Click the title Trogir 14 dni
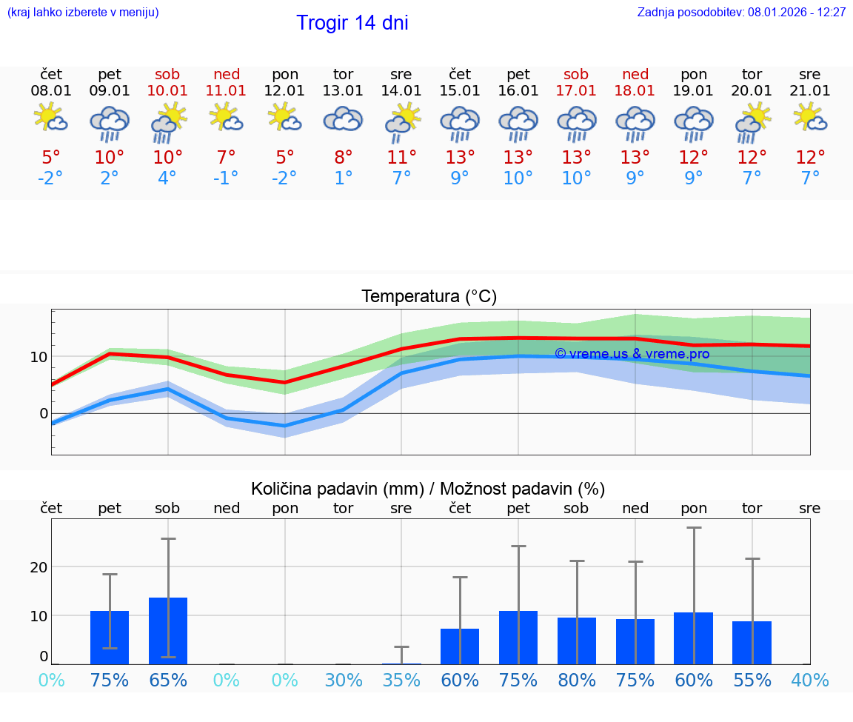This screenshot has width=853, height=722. click(x=352, y=23)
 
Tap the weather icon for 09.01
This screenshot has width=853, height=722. click(x=110, y=123)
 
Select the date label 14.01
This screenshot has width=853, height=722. click(x=401, y=91)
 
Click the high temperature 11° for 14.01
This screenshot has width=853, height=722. click(x=401, y=157)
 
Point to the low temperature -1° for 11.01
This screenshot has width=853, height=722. click(x=226, y=178)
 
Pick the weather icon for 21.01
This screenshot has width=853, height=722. click(x=810, y=118)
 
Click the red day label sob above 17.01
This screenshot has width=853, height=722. click(x=576, y=74)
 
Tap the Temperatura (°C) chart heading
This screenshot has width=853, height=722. click(x=429, y=297)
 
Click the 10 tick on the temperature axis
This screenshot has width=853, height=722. click(x=39, y=357)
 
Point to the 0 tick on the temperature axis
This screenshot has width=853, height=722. click(x=43, y=413)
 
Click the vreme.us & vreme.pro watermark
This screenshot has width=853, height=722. click(x=632, y=354)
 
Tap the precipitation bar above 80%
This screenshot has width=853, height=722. click(x=577, y=641)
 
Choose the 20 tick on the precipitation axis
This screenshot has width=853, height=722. click(x=39, y=567)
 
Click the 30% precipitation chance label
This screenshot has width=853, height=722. click(x=343, y=681)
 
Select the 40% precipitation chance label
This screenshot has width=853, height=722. click(x=810, y=681)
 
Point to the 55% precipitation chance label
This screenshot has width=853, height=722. click(x=752, y=681)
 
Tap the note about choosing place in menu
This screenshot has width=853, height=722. click(x=83, y=13)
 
